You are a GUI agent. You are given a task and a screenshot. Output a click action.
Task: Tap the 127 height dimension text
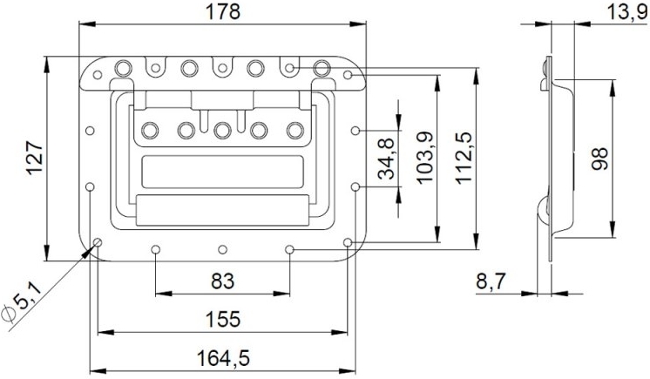(33, 159)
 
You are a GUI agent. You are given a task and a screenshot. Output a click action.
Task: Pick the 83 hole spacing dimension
(223, 281)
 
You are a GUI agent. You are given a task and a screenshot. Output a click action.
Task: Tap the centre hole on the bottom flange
(223, 250)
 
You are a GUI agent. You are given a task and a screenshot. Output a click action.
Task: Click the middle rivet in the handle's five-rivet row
(222, 130)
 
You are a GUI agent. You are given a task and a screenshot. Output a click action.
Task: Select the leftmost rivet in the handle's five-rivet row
(152, 130)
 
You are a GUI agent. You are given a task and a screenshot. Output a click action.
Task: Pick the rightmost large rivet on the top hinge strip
(322, 67)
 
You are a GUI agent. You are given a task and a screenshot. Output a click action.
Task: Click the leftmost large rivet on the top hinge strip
(124, 67)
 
